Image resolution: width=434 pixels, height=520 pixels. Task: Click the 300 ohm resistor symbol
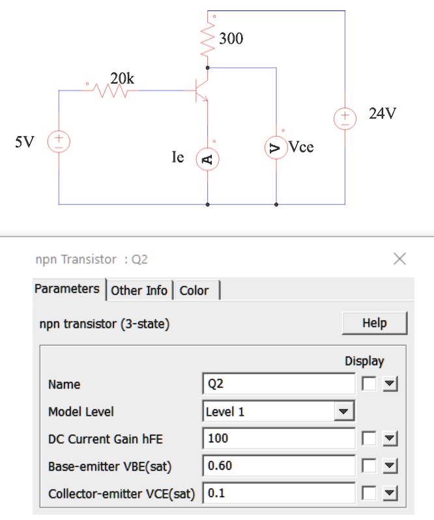click(207, 39)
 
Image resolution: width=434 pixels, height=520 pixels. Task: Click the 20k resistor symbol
click(110, 91)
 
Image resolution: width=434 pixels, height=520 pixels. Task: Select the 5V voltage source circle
click(59, 141)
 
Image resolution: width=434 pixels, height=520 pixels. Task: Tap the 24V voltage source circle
click(345, 119)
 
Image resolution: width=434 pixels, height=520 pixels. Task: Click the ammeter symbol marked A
click(207, 159)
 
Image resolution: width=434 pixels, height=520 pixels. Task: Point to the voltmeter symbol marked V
click(276, 147)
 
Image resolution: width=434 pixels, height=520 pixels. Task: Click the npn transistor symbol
click(201, 91)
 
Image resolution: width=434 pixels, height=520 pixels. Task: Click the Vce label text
click(300, 147)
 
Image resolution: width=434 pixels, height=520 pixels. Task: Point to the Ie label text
click(178, 157)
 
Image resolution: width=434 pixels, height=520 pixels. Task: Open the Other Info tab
click(139, 291)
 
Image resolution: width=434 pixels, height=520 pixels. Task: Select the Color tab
click(194, 291)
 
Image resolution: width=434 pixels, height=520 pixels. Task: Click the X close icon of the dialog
click(400, 259)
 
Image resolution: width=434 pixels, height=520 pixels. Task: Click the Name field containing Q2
click(278, 384)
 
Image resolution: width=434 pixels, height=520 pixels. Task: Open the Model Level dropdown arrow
click(343, 412)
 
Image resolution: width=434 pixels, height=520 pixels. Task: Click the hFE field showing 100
click(278, 439)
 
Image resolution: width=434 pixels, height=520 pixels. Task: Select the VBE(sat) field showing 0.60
click(278, 466)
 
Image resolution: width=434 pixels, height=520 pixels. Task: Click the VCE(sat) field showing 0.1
click(278, 493)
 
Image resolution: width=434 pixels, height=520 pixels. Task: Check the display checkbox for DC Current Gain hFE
click(369, 439)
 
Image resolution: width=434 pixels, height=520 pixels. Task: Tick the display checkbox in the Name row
click(369, 384)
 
